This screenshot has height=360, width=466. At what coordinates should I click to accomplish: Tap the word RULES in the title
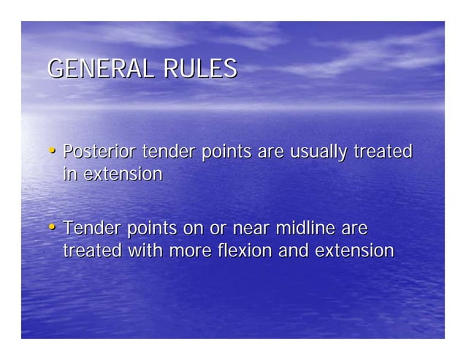point(200,69)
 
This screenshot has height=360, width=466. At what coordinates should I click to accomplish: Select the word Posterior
point(99,152)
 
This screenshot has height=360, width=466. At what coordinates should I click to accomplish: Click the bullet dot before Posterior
point(53,152)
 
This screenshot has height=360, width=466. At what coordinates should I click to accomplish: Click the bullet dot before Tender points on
point(53,228)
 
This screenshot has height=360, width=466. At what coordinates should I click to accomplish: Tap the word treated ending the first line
point(383,152)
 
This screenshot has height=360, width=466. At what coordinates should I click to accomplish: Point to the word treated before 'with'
point(93,251)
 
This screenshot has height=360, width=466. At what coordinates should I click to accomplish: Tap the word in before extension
point(70,175)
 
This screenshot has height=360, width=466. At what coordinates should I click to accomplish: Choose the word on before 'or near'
point(194,229)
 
